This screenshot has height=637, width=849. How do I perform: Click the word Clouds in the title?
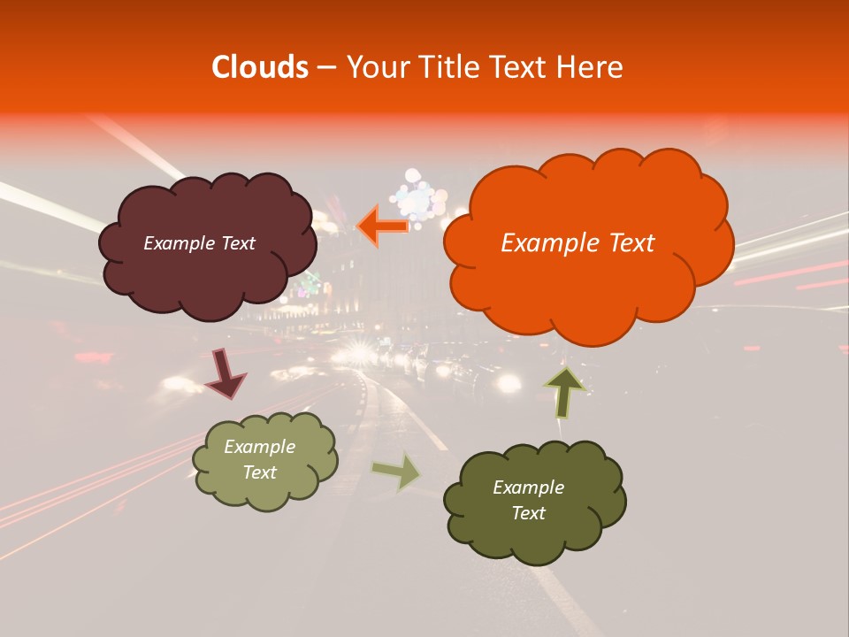point(260,67)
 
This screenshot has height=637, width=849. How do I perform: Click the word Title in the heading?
point(451,67)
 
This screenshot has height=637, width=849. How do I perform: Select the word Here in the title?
point(592,67)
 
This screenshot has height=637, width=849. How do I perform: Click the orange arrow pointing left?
point(384,226)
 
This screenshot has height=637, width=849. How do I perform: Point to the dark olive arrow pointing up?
point(564,392)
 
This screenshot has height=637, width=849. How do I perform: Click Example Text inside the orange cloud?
point(577,243)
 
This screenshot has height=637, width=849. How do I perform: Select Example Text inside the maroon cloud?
point(199,243)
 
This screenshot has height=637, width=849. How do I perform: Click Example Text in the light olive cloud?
point(260,460)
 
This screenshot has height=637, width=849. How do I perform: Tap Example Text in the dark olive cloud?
point(528,500)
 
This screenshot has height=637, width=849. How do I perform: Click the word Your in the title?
point(376,67)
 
